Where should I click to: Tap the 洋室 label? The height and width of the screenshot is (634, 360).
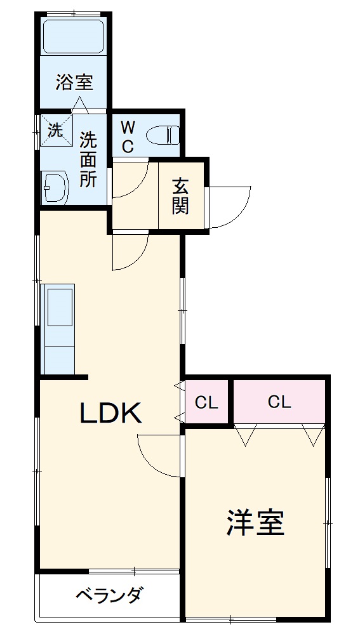[255, 522]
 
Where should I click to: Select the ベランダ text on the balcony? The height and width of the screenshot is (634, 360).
[109, 595]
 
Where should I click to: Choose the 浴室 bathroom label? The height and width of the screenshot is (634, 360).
[74, 82]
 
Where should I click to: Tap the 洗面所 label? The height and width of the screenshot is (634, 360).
[88, 159]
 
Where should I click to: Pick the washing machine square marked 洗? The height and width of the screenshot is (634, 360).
[56, 131]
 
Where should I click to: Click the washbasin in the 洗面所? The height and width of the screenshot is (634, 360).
[55, 188]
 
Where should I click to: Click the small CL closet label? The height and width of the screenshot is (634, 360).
[205, 402]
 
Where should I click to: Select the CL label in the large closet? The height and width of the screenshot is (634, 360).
[279, 402]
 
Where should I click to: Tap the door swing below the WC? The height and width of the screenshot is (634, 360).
[131, 181]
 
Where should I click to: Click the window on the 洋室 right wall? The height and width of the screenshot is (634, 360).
[328, 522]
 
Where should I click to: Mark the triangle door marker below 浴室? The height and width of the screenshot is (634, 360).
[80, 105]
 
